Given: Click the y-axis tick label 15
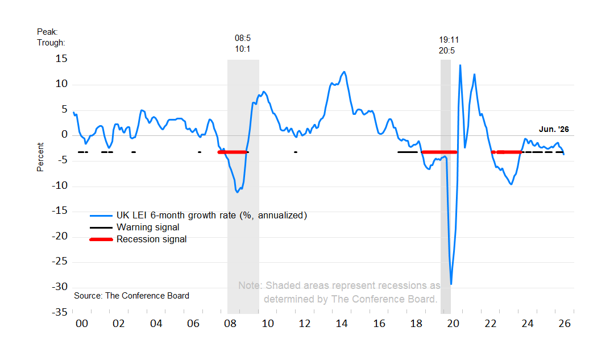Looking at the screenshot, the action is (61, 59).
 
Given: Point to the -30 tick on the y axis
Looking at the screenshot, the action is (60, 287).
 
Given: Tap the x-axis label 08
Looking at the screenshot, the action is (230, 324).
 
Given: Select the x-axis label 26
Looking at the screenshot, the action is (565, 324).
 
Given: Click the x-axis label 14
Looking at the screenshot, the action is (342, 324).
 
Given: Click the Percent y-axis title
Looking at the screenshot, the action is (40, 157).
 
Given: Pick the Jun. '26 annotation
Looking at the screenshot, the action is (554, 129).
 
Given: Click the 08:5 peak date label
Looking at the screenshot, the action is (243, 39).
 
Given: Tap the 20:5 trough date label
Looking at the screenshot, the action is (447, 51).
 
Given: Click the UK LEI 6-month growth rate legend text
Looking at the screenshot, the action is (211, 216).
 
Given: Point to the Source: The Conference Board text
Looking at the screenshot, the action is (131, 296).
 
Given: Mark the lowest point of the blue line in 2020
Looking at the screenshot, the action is (451, 284).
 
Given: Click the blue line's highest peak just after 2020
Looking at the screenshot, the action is (460, 65).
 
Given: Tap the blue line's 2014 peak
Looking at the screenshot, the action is (344, 72).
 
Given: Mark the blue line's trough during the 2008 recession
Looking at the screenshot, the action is (237, 192).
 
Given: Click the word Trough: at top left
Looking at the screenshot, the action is (51, 43).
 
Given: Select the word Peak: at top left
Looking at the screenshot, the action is (47, 32).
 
